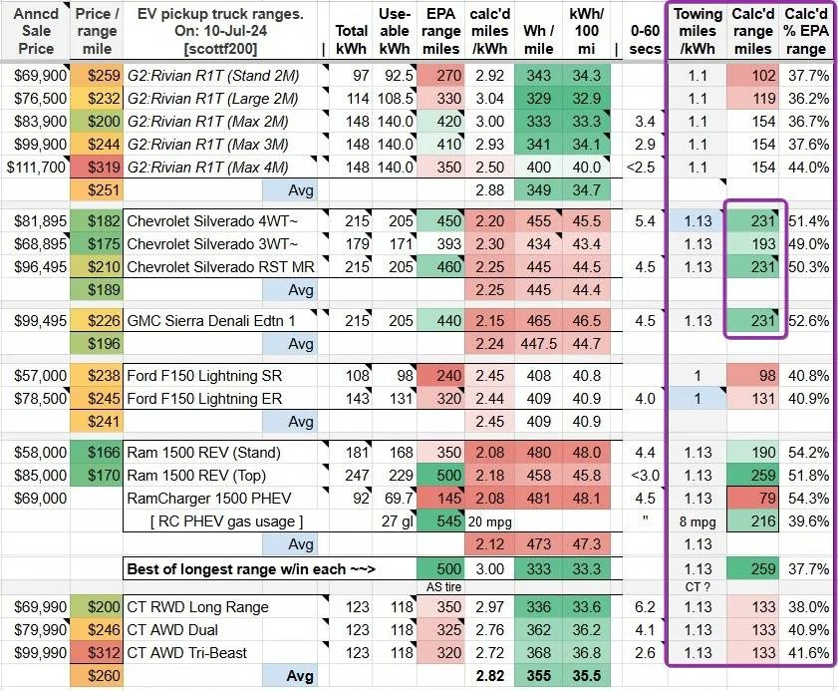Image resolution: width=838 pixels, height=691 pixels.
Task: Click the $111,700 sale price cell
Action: coord(36,168)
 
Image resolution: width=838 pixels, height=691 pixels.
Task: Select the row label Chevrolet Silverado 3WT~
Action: coord(212,244)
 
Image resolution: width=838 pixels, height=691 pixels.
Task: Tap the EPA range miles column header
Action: coord(440,31)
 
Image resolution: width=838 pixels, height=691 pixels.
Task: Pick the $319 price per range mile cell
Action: coord(104,168)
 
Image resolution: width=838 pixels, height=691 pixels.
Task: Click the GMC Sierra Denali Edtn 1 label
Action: coord(211,321)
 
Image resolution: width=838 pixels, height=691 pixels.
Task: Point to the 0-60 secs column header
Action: coord(645,40)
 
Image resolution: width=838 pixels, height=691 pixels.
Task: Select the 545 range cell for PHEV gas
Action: coord(449,520)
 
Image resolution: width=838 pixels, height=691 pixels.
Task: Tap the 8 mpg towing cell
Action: coord(698,521)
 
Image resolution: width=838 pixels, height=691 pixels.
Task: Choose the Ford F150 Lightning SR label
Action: coord(204,376)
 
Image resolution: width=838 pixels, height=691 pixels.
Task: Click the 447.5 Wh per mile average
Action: coord(539,343)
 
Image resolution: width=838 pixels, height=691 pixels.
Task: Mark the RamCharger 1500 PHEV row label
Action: coord(209,498)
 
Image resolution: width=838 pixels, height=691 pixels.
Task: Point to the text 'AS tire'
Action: coord(444,586)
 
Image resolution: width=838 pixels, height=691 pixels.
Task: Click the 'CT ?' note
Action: coord(698,586)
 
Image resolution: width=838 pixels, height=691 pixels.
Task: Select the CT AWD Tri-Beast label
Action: coord(187,652)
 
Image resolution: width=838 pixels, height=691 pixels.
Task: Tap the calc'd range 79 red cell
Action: coord(767,498)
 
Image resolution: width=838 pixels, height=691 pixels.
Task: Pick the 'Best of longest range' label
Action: coord(251,568)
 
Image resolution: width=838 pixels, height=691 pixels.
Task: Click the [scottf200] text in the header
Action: coord(220,49)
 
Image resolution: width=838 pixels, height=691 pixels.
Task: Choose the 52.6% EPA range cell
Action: coord(807,321)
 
